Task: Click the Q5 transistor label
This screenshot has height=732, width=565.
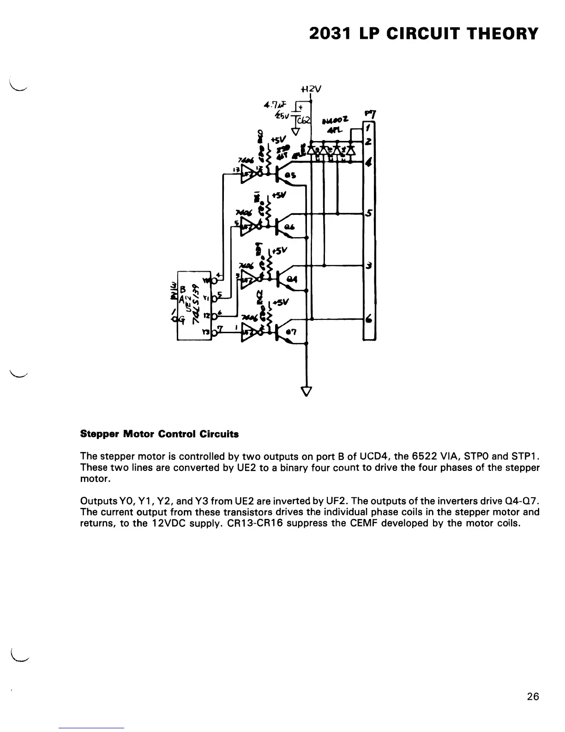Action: pos(291,176)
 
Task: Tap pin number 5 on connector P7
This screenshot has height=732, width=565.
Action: pos(369,213)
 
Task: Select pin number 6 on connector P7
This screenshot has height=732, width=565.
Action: pos(369,319)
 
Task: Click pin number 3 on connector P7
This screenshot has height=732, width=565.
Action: pos(369,266)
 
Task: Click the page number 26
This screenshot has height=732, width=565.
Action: pos(533,696)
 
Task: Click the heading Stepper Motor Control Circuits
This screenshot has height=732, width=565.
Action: pos(159,434)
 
